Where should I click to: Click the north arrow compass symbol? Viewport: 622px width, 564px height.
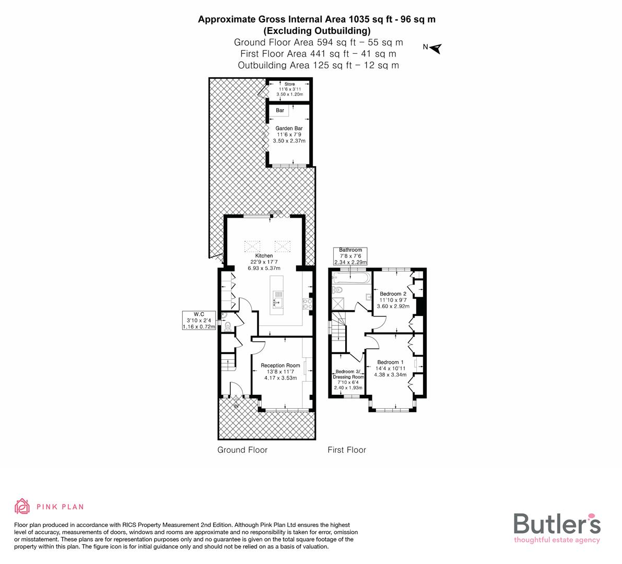(436, 48)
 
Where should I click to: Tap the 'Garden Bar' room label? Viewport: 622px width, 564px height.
(289, 128)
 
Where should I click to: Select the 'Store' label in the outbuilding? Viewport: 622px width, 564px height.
(289, 84)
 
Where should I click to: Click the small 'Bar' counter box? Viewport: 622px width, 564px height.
(280, 111)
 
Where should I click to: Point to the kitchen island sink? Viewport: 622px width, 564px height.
(278, 295)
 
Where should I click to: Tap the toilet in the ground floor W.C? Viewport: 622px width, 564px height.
(228, 326)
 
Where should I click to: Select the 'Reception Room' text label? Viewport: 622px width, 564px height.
(280, 366)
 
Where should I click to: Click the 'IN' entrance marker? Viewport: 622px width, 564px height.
(236, 405)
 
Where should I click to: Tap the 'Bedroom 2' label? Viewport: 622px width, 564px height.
(393, 294)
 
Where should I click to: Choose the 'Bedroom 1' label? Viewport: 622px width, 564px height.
(390, 362)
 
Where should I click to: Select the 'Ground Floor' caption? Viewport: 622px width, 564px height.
(242, 450)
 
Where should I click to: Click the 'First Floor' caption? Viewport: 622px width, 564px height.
(347, 450)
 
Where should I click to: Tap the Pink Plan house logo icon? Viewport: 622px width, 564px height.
(22, 506)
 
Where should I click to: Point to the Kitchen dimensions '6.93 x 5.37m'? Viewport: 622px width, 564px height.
(264, 268)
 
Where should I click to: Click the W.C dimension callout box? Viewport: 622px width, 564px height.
(198, 320)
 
